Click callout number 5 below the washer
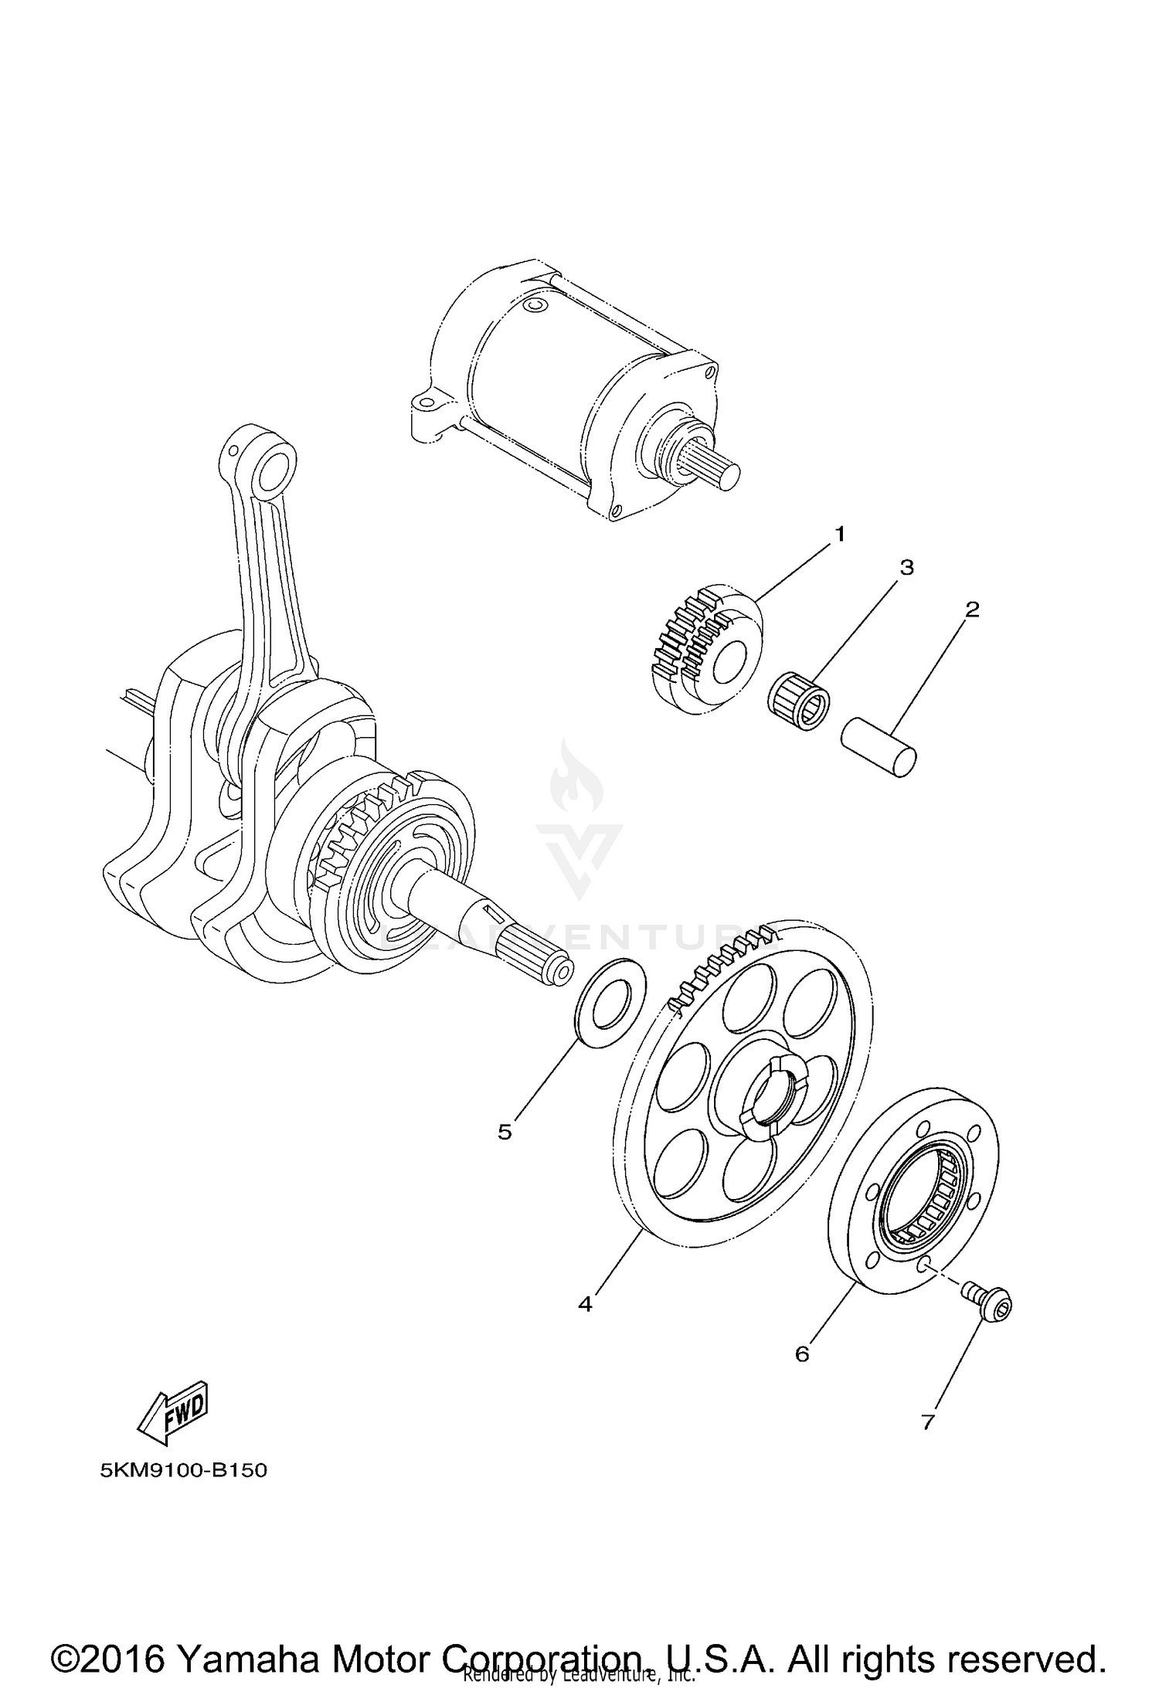(505, 1133)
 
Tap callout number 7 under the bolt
(928, 1420)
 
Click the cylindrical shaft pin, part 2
(879, 746)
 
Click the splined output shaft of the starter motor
(709, 466)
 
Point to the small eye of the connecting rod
(274, 469)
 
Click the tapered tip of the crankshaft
(557, 971)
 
